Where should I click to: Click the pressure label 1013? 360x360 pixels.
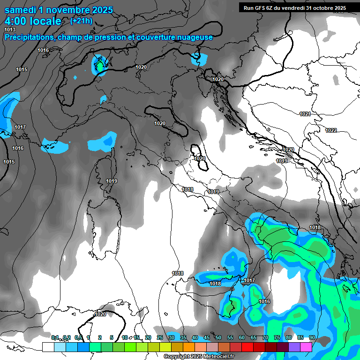(10, 30)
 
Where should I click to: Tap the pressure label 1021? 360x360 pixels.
(305, 114)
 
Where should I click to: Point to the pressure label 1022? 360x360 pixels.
(331, 130)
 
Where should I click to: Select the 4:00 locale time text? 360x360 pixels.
(33, 21)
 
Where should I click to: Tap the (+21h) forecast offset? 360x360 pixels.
(81, 21)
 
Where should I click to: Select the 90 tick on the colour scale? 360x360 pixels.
(312, 337)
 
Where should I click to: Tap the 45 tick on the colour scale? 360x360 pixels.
(207, 337)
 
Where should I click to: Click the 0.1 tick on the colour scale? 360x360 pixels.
(55, 337)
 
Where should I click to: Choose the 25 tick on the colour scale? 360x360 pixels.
(160, 337)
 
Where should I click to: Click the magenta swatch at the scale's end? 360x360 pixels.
(306, 347)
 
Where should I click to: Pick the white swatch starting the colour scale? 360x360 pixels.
(48, 347)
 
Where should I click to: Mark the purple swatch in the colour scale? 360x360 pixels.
(294, 347)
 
